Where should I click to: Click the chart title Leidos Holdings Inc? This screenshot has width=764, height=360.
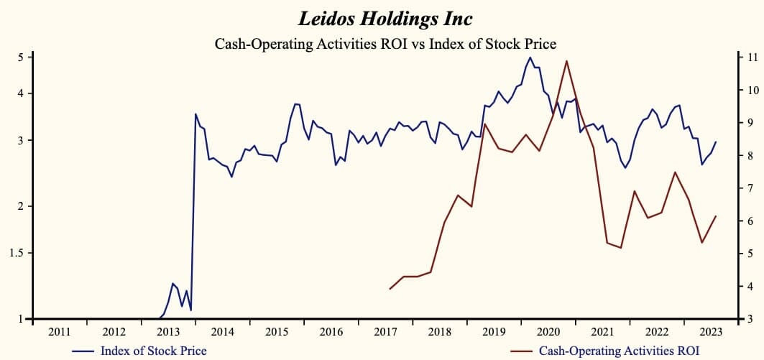coord(385,18)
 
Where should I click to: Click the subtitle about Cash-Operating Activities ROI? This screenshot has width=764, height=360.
coord(385,44)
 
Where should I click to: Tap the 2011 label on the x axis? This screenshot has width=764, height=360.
coord(60,332)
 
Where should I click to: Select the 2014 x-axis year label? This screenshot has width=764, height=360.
coord(222,332)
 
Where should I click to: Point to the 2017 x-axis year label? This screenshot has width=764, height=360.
coord(385,332)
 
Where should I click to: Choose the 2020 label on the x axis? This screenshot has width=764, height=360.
coord(548,332)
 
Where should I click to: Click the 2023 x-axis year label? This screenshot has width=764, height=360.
coord(711,332)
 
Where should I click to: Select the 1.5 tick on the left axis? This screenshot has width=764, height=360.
coord(17,253)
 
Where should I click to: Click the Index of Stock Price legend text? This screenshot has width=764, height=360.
coord(154,351)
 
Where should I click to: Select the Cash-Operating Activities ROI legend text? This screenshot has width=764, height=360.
coord(617,351)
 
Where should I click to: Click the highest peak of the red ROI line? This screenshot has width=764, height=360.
coord(567,60)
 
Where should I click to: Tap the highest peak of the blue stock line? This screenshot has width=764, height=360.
coord(530,57)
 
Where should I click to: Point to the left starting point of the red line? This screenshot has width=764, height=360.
coord(390,289)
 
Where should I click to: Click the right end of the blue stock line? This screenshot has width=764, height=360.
coord(716,142)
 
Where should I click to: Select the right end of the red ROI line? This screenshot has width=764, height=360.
coord(716,216)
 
